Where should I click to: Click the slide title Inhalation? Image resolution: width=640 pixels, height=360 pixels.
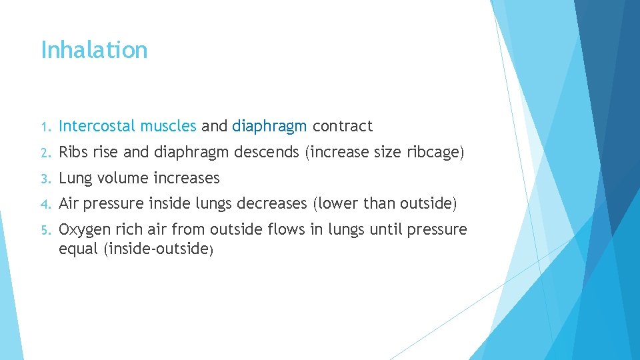point(94,50)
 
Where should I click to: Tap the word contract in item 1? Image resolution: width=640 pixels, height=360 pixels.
point(342,125)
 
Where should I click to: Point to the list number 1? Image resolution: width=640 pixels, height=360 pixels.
point(44,126)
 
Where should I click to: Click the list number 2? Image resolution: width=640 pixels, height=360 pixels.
point(44,153)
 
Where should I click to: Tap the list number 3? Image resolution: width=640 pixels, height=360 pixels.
point(44,179)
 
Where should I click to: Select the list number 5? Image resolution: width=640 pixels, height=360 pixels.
point(44,231)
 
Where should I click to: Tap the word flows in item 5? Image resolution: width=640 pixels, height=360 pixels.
point(287,230)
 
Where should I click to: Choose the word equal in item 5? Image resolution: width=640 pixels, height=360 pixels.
point(78,249)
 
